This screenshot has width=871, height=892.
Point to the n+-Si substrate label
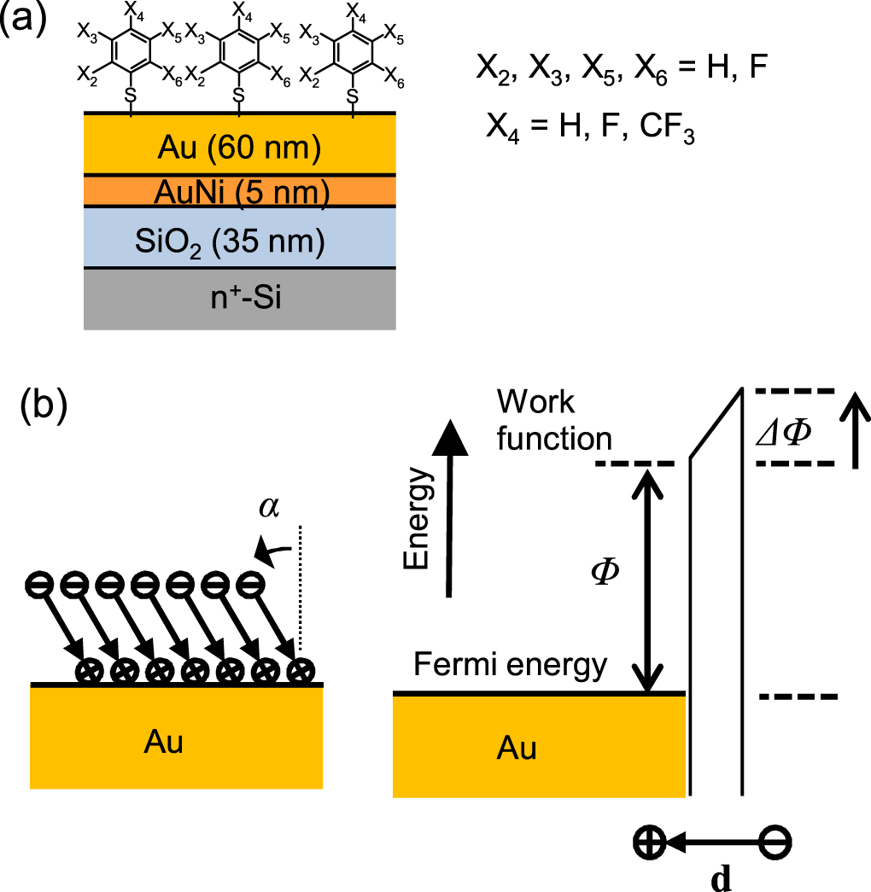(238, 299)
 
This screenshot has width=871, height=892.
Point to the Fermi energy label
(511, 663)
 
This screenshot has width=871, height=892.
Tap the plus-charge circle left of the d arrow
(649, 842)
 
